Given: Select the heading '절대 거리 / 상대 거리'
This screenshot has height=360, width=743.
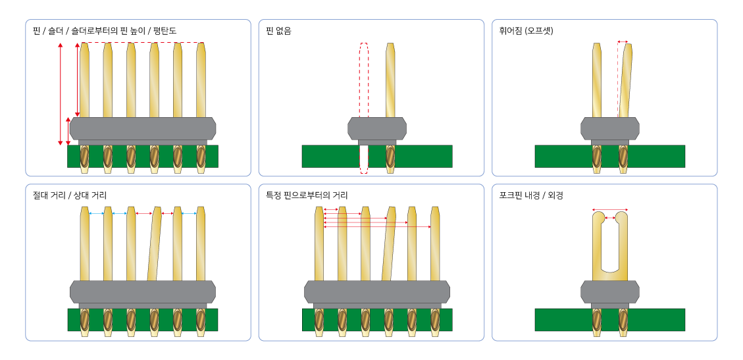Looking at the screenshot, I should pos(70,195).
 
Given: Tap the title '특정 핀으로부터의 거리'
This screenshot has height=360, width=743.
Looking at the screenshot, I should pos(307,195).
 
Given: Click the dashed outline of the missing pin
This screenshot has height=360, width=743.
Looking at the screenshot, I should pos(364,79).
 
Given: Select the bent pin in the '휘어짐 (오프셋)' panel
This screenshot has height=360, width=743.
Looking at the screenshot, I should pos(625,79).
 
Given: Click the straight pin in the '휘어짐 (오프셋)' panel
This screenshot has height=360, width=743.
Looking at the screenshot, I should pos(597,79).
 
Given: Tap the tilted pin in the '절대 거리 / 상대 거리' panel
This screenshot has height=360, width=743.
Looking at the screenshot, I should pos(154,244).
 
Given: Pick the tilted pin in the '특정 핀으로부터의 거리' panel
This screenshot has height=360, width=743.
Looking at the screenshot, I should pos(389,244).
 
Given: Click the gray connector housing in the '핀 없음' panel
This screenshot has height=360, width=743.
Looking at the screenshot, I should pos(377,128).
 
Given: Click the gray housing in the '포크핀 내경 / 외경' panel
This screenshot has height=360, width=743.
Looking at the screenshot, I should pos(610,291).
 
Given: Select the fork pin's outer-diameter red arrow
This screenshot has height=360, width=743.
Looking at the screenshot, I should pos(610,210).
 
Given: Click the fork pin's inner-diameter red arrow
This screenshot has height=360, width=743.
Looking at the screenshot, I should pos(610,218).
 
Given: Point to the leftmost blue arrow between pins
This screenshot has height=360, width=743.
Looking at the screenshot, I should pos(96,213).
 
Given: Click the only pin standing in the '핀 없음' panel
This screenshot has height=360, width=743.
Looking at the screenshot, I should pos(390,79).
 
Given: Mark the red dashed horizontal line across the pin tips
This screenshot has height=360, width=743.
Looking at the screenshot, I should pos(141,43).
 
